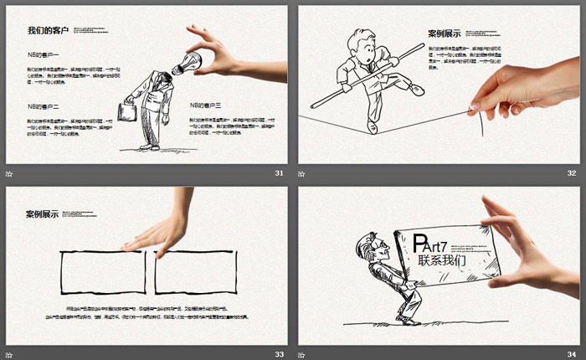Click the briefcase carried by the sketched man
(128, 111)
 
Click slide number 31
(279, 173)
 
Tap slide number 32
(572, 173)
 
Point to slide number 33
(279, 354)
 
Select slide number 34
(572, 354)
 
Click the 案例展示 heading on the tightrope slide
(445, 34)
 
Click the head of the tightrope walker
(362, 44)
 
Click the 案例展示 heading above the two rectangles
(42, 215)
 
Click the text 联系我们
(443, 260)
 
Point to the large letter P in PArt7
(423, 244)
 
